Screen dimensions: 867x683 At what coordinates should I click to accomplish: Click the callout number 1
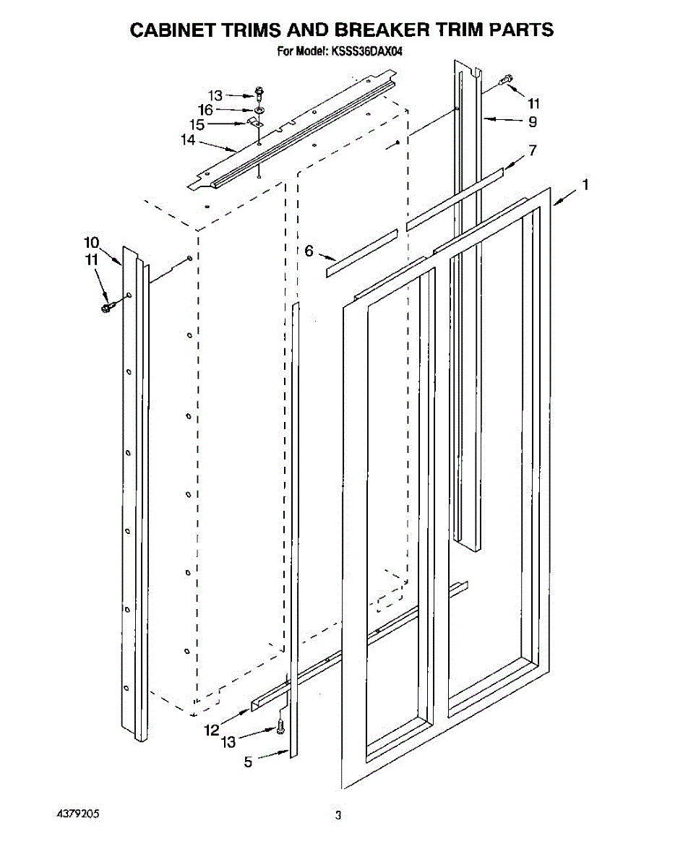585,186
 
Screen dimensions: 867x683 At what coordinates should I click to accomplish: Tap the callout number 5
248,761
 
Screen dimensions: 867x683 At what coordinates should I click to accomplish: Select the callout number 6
309,251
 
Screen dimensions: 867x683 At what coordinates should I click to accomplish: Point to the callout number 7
533,150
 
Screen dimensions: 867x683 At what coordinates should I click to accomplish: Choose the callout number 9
533,121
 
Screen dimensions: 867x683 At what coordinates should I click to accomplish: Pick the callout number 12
211,730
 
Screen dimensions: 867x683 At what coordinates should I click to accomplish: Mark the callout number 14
188,140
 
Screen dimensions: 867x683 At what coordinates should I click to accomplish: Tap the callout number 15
197,124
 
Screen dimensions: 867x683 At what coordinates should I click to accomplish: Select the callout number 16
205,110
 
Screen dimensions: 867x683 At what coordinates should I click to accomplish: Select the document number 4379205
78,814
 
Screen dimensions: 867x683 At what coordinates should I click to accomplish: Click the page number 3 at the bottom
338,816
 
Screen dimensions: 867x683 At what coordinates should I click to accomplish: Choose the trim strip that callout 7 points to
455,199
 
